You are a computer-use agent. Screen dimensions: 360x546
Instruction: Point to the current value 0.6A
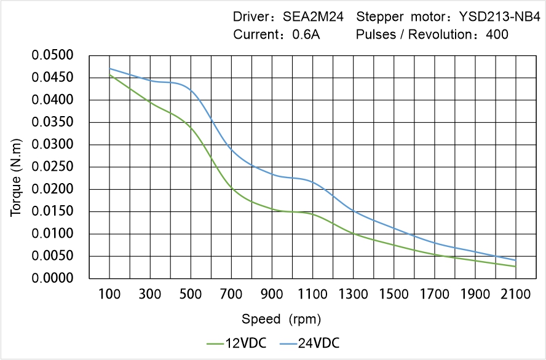[306, 34]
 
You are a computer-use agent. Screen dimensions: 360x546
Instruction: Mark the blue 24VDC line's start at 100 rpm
[110, 68]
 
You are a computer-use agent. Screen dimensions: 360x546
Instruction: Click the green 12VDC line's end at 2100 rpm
[515, 267]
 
